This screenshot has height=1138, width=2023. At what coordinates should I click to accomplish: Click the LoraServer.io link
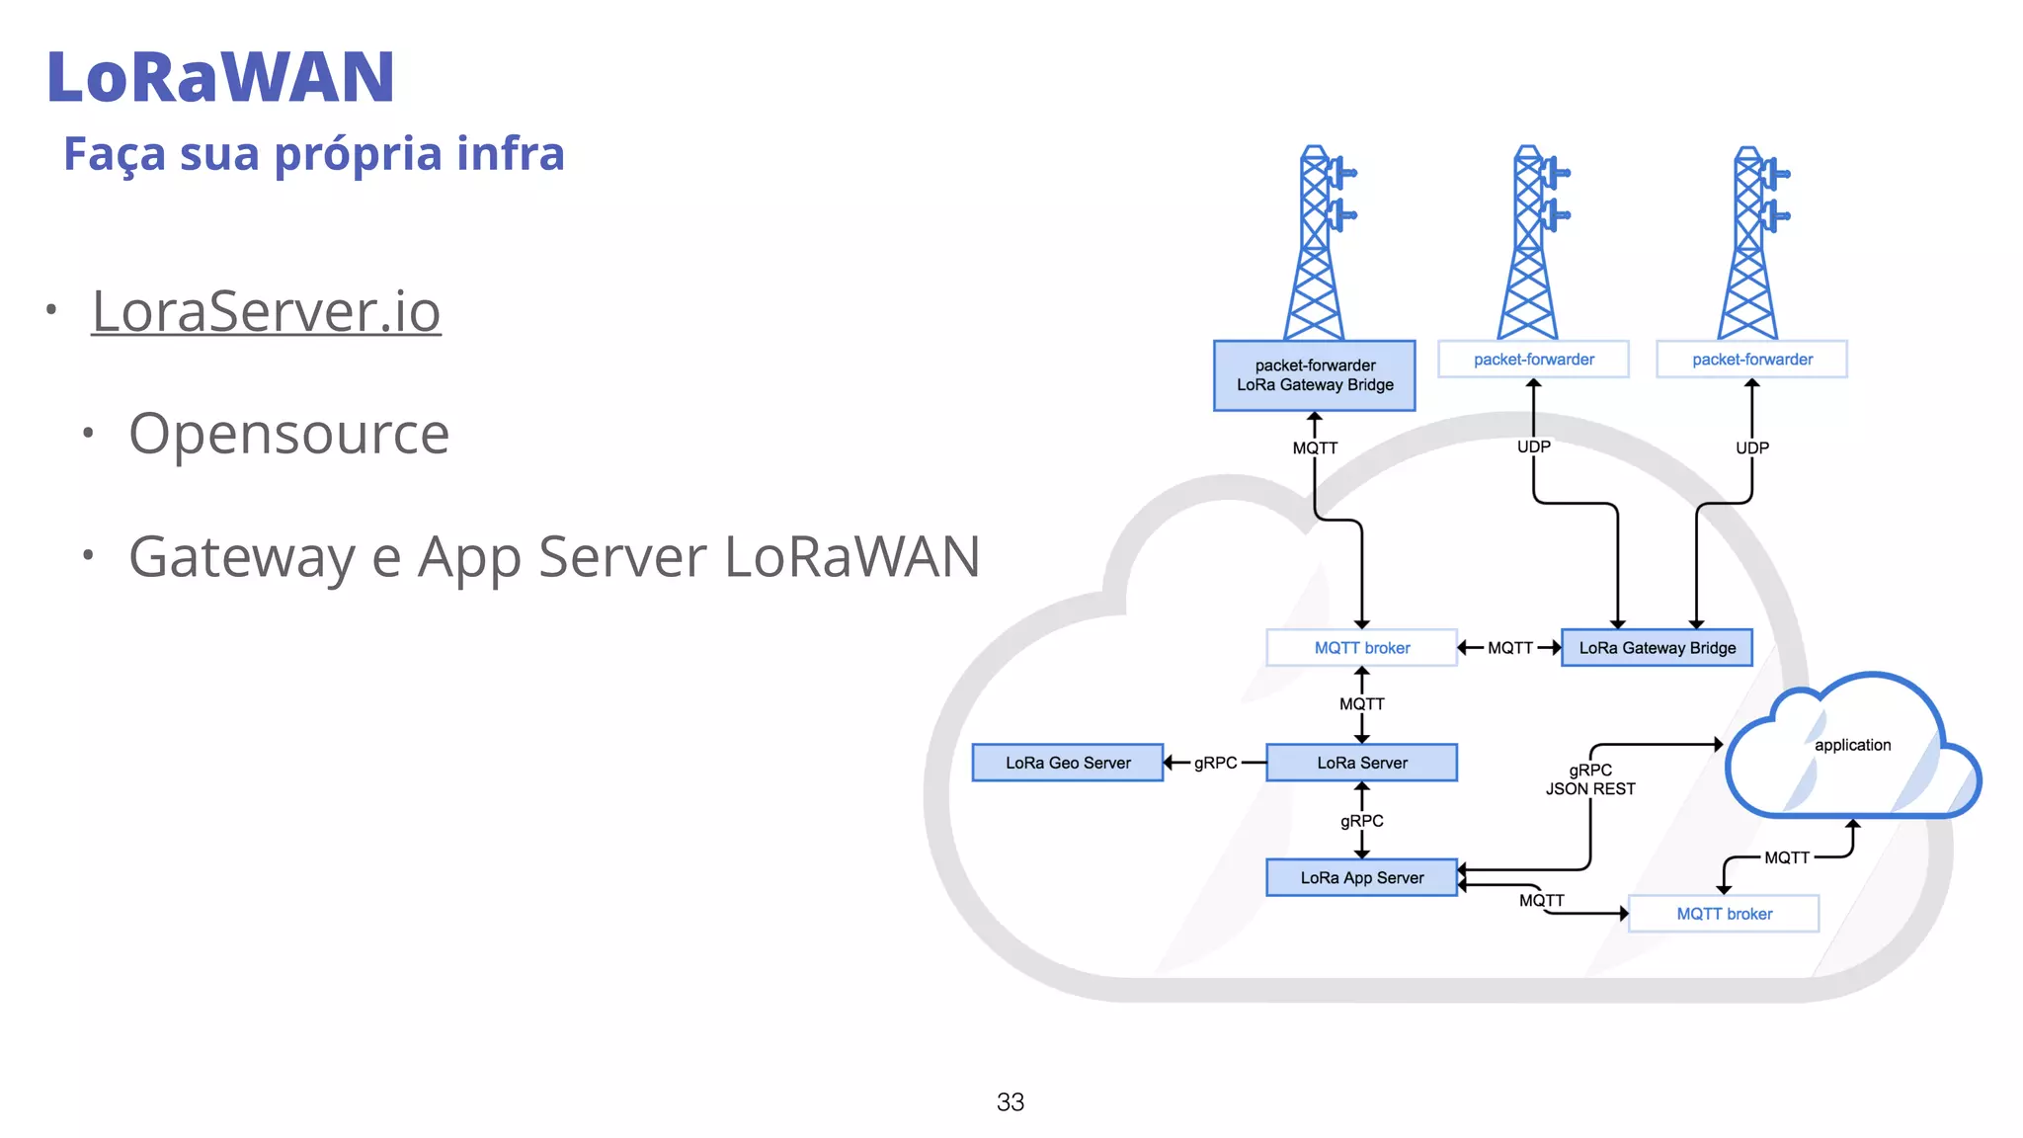click(x=266, y=312)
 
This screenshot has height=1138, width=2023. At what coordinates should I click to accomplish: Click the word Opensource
click(x=288, y=434)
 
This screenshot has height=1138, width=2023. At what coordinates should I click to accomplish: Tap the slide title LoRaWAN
click(x=220, y=77)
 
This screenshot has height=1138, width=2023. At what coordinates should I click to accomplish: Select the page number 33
click(x=1010, y=1101)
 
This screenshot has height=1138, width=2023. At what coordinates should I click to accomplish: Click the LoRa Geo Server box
click(x=1067, y=763)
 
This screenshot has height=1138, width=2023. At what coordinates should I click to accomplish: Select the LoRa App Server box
click(x=1361, y=877)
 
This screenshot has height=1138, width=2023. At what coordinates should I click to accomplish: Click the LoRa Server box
click(x=1361, y=763)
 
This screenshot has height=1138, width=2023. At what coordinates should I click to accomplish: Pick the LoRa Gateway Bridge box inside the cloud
click(x=1657, y=648)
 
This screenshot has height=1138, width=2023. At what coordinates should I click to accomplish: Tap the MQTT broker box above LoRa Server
click(x=1361, y=648)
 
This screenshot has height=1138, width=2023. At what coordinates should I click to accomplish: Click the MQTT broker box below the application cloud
click(x=1724, y=914)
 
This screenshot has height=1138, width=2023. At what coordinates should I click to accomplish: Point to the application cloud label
click(x=1852, y=745)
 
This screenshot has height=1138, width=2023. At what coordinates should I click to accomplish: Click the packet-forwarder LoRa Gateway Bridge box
click(x=1314, y=375)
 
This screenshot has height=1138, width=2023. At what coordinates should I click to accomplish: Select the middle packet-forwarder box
click(x=1533, y=360)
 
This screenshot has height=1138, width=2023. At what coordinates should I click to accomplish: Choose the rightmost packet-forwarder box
click(x=1751, y=360)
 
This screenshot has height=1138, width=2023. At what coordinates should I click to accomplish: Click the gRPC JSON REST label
click(x=1590, y=779)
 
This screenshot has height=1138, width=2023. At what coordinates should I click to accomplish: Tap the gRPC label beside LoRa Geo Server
click(x=1215, y=763)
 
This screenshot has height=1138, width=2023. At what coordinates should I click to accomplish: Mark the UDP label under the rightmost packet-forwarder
click(x=1752, y=447)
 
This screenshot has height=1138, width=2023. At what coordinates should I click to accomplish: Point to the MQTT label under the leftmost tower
click(x=1315, y=447)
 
